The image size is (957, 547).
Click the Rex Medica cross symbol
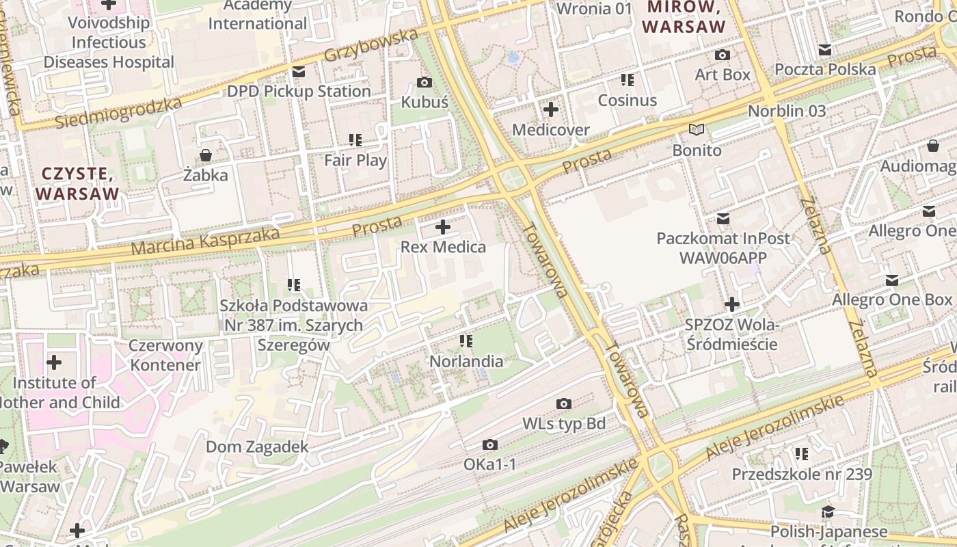coord(443,227)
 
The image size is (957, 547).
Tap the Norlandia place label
coord(466,361)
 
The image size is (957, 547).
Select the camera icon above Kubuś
coord(424,83)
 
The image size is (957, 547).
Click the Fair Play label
coord(355,161)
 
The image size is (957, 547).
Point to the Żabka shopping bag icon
coord(206,155)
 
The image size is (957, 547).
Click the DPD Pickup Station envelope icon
coord(299,72)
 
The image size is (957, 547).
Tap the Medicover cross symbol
coord(551,109)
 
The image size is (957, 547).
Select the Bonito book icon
coord(697,130)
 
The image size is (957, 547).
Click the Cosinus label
coord(627,101)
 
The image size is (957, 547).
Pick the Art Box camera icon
coord(723,55)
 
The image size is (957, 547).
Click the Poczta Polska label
coord(824,69)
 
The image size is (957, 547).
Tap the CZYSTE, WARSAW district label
coord(77,183)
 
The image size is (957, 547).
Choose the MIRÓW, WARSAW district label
coord(684,17)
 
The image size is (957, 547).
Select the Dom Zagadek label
coord(257,447)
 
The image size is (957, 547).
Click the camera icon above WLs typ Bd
coord(564,404)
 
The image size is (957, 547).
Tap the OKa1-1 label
coord(489,465)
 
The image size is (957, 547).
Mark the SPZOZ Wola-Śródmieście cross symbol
coord(732,304)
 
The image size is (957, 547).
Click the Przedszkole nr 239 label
coord(802,474)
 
